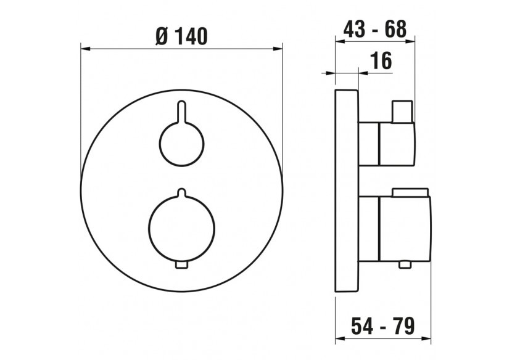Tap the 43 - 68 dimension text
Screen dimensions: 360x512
[374, 29]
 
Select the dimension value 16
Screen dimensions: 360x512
[382, 60]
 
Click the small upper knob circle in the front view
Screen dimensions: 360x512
[181, 143]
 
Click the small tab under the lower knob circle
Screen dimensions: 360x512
[181, 265]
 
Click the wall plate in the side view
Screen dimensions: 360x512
[346, 191]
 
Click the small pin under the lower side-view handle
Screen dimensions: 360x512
[404, 264]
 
